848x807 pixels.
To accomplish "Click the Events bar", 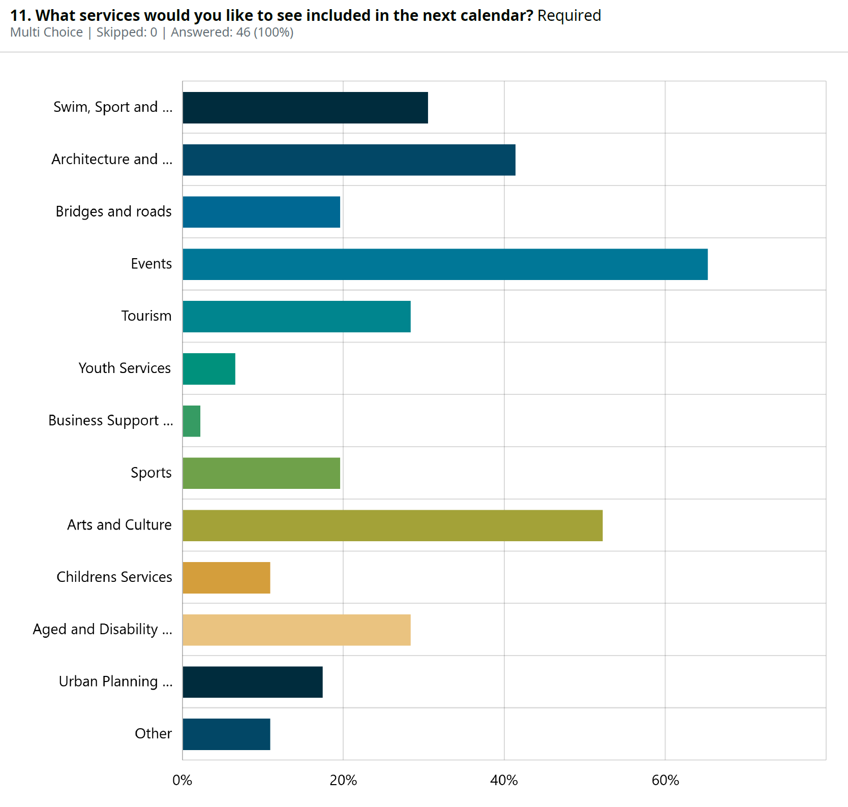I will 445,264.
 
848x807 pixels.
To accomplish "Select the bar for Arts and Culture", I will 392,525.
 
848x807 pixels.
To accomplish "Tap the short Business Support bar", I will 192,421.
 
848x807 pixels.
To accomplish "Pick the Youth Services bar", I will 209,369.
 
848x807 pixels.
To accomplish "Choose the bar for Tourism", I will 296,317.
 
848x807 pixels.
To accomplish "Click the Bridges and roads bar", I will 261,212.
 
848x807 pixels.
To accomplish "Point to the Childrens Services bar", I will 226,578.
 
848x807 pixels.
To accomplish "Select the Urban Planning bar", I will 253,682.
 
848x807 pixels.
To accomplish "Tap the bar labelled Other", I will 226,734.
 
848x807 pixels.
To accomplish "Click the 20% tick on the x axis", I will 343,780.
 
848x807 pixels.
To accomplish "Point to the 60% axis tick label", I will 665,780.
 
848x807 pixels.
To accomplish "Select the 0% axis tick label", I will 183,780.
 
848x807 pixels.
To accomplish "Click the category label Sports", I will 151,473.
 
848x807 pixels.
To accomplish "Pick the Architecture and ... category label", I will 112,160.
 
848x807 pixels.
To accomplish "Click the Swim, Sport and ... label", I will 113,107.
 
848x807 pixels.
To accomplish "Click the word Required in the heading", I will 569,16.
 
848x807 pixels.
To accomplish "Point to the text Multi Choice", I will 46,33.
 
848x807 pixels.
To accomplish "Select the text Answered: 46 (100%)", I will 232,33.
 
